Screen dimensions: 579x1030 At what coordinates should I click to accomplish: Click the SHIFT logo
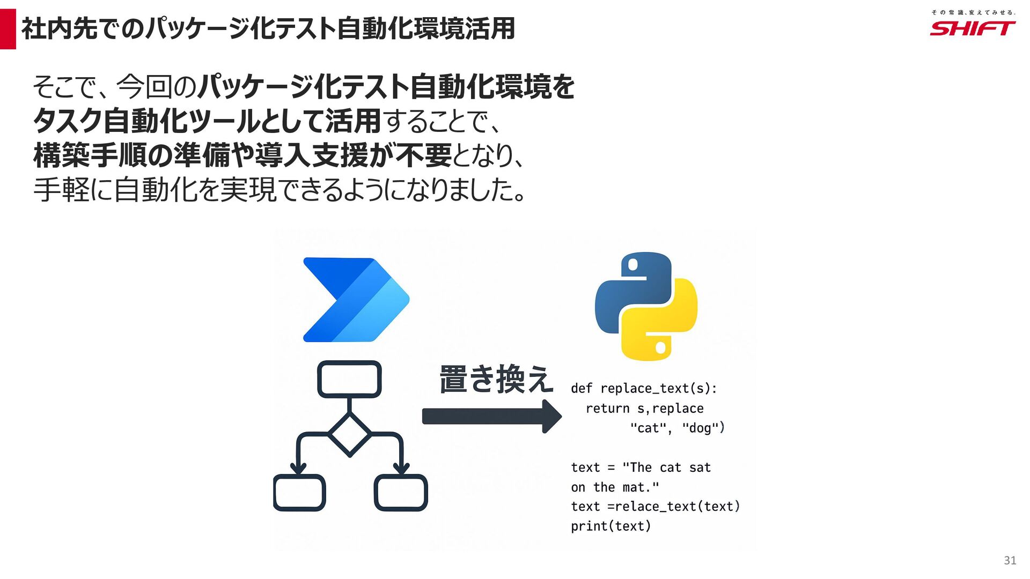point(972,28)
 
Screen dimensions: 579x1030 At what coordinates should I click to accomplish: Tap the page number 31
point(1010,560)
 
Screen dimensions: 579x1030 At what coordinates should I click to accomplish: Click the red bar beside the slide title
point(8,29)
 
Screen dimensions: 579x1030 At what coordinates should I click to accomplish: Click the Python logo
point(646,306)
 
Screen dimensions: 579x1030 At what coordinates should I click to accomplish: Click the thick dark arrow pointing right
point(491,416)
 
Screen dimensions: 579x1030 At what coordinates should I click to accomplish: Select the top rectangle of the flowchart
point(349,379)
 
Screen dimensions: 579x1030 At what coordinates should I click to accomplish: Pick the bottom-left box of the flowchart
point(299,492)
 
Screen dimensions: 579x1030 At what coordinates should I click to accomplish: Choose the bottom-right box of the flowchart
point(401,492)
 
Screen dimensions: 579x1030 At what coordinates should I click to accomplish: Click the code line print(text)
point(610,526)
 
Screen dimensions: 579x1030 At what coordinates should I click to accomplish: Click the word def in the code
point(581,388)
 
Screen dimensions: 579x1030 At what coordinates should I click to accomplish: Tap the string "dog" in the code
point(700,428)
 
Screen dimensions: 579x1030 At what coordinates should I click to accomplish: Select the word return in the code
point(607,409)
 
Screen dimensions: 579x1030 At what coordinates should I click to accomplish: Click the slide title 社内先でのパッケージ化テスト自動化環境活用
point(268,29)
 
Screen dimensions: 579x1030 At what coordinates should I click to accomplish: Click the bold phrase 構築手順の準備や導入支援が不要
point(242,155)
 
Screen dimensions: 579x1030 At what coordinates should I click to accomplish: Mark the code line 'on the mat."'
point(615,487)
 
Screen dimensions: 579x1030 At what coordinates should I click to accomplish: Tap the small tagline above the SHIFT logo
point(973,12)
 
